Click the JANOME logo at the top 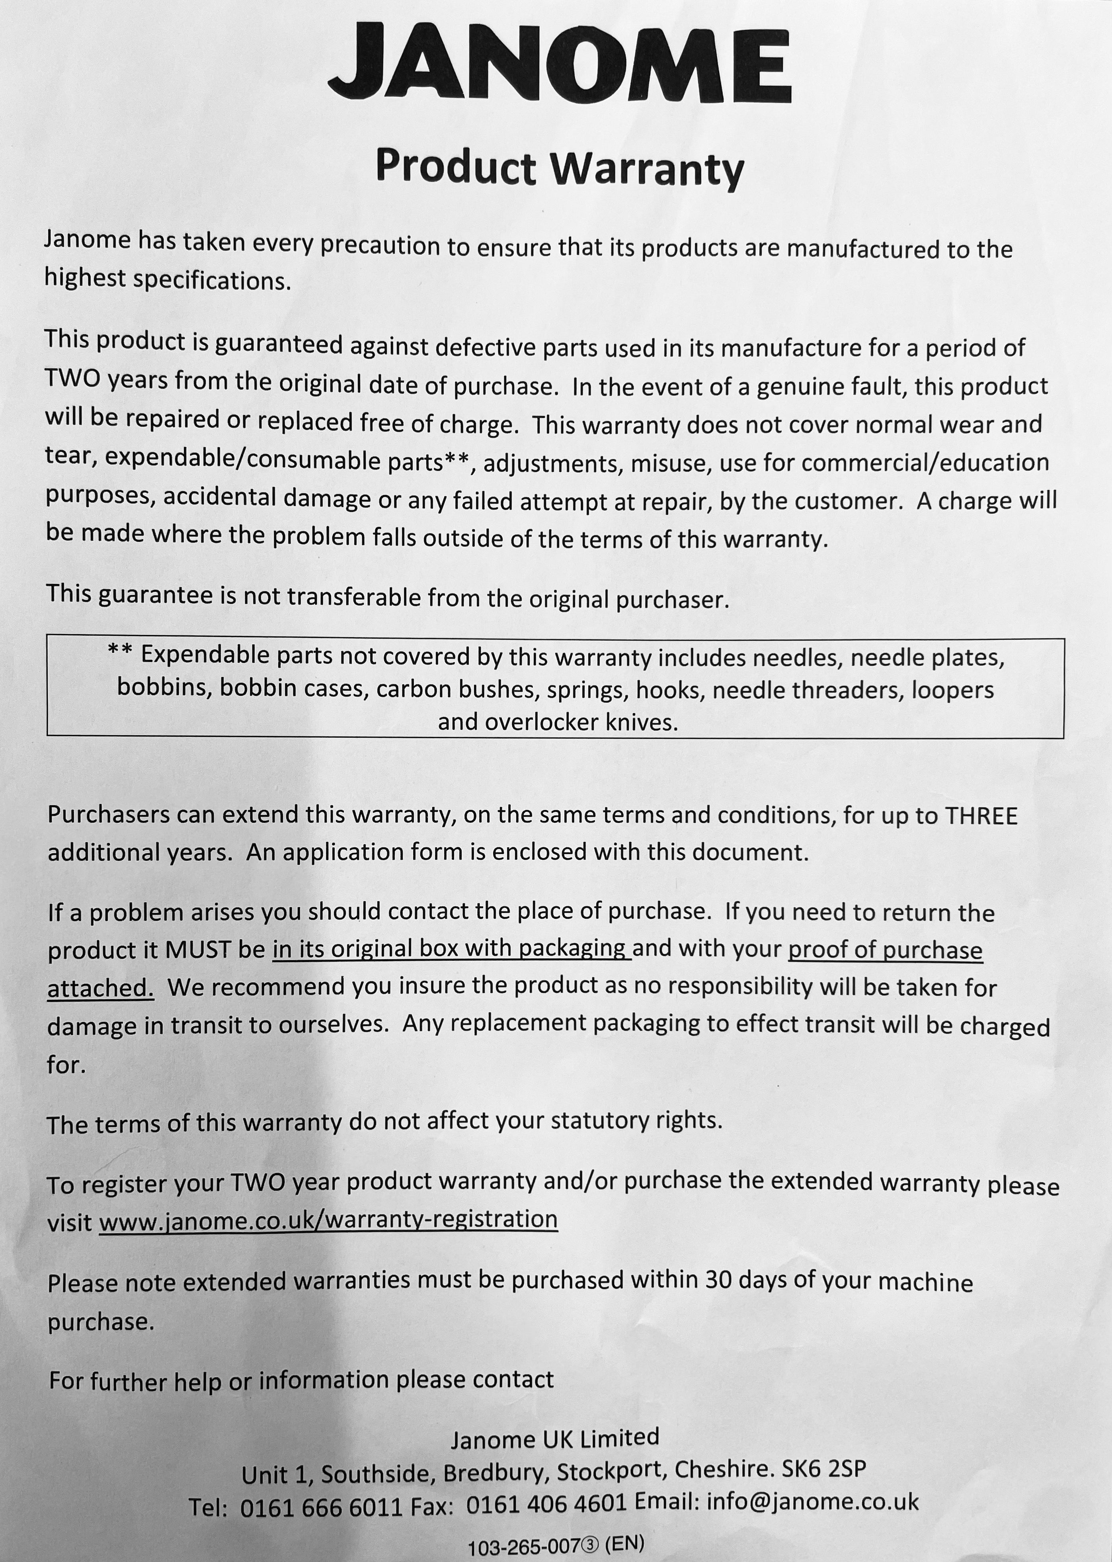[x=560, y=63]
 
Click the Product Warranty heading [x=560, y=168]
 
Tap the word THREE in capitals [x=981, y=815]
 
